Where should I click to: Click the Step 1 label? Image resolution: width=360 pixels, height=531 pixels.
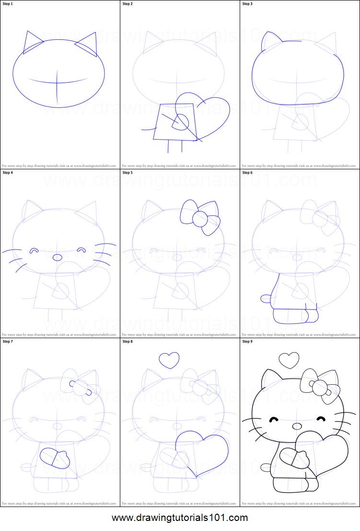[8, 4]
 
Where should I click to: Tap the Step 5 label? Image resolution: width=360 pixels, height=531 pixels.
[128, 173]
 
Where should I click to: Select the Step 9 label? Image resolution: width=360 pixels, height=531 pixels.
[247, 342]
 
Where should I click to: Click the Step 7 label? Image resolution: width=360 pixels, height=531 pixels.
[8, 342]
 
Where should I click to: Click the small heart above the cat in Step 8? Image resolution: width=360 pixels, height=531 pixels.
[169, 360]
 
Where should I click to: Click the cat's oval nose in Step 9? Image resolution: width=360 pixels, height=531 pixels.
[297, 426]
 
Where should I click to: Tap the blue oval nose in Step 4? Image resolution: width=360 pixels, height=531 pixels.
[57, 258]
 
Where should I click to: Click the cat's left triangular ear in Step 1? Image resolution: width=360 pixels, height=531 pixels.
[32, 43]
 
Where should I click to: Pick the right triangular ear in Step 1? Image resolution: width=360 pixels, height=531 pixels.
[87, 45]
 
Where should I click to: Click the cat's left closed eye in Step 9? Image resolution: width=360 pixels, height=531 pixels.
[274, 420]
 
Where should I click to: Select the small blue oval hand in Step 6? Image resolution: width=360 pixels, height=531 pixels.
[265, 298]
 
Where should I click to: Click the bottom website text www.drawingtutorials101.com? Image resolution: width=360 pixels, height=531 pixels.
[180, 518]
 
